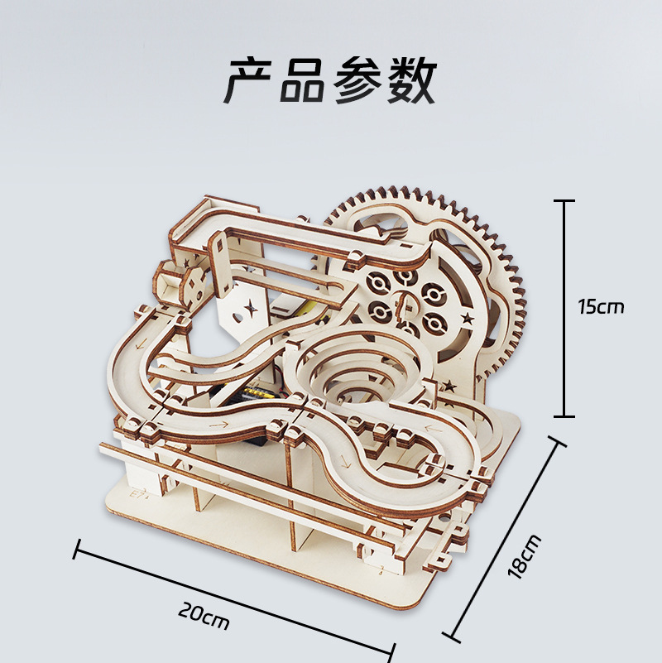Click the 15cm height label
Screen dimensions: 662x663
(602, 307)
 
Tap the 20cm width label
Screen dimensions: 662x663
(204, 615)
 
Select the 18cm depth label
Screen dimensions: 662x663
(526, 555)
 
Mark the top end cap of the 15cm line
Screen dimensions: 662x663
(564, 200)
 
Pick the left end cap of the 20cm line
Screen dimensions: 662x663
(77, 549)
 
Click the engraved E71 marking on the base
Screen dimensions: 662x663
(136, 492)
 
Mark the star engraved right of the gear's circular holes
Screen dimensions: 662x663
(469, 317)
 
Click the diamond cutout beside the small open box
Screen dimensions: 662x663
(194, 282)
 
